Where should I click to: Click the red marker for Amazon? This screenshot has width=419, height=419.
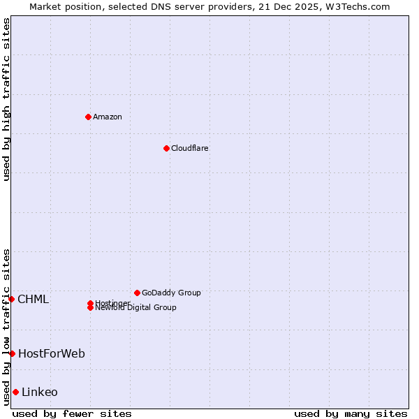pos(88,117)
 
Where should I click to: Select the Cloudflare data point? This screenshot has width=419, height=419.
pos(166,148)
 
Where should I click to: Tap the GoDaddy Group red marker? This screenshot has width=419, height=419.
pos(137,293)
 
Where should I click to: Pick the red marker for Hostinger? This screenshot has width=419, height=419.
pos(90,303)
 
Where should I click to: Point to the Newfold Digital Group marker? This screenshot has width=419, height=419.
pos(90,308)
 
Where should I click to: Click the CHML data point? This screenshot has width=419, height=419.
pos(11,299)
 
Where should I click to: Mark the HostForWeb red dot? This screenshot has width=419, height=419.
pos(12,353)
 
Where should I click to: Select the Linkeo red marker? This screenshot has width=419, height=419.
pos(15,392)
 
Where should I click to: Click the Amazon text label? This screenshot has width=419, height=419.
pos(108,117)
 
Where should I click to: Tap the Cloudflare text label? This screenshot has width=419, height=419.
pos(190,148)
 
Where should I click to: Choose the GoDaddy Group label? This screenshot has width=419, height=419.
pos(171,293)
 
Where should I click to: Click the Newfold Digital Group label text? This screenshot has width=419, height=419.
pos(136,308)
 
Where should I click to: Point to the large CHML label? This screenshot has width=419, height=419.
pos(33,300)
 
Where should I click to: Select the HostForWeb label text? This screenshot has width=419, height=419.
pos(52,354)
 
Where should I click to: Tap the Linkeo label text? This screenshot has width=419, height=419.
pos(40,392)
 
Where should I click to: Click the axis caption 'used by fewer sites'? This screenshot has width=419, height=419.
pos(72,413)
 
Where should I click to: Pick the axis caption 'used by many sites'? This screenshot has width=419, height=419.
pos(351,413)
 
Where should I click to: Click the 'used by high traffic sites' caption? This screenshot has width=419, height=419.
pos(6,99)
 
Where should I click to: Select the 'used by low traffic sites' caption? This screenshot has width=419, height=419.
pos(6,326)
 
